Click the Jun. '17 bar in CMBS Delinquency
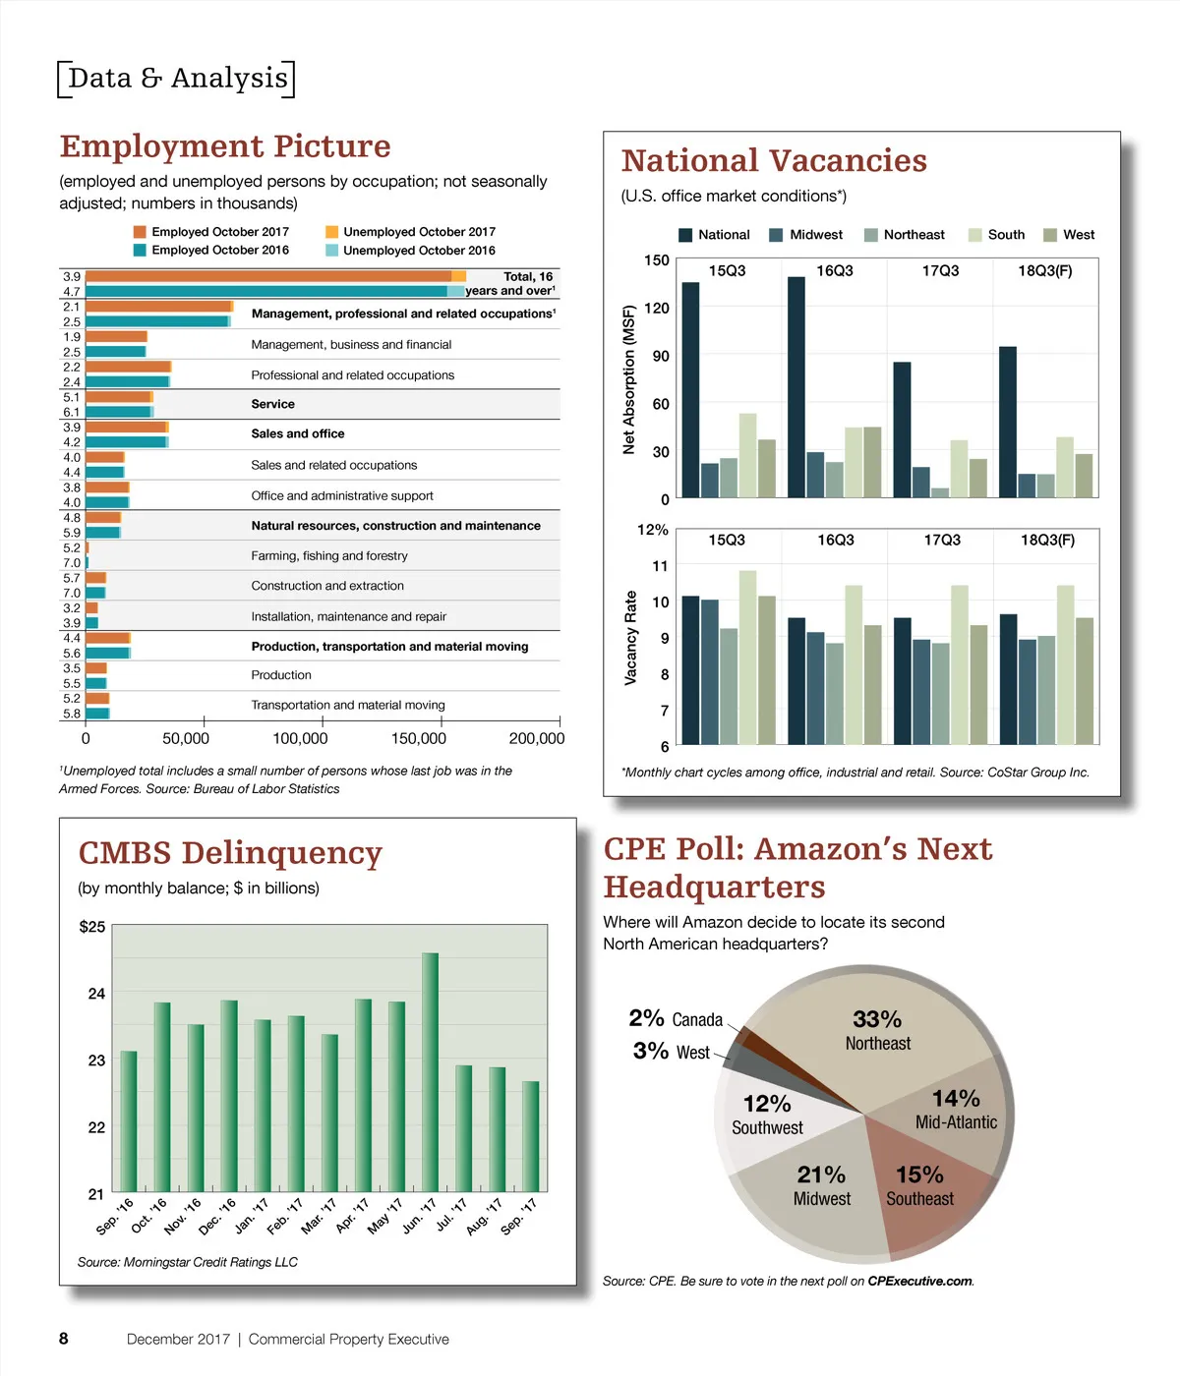tap(430, 1071)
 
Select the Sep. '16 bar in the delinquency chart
tap(129, 1120)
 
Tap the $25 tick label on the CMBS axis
tap(92, 927)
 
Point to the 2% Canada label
tap(676, 1019)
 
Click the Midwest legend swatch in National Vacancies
tap(776, 235)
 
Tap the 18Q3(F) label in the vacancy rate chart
tap(1047, 541)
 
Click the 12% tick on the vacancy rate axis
tap(653, 530)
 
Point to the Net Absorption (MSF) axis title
tap(629, 379)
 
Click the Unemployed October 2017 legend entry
tap(419, 232)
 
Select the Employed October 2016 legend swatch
tap(140, 251)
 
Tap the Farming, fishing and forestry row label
tap(329, 556)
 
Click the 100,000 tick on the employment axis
tap(300, 739)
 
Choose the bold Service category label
tap(272, 404)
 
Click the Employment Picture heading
tap(225, 146)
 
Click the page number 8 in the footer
tap(64, 1339)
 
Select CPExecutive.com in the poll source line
tap(919, 1282)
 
